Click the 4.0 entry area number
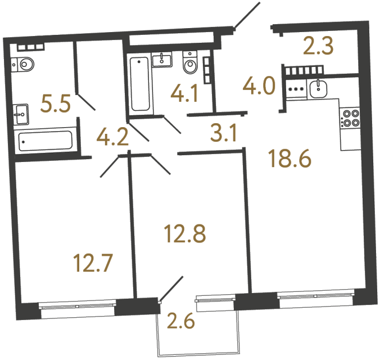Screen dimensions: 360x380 [259, 87]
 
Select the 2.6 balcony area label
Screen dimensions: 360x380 [181, 323]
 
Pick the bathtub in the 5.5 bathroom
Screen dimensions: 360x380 [44, 141]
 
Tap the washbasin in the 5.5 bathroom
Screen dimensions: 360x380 [22, 114]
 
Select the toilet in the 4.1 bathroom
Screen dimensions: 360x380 [189, 64]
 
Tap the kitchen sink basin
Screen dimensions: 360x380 [319, 88]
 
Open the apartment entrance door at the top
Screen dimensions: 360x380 [246, 15]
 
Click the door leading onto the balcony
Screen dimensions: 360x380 [171, 288]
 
